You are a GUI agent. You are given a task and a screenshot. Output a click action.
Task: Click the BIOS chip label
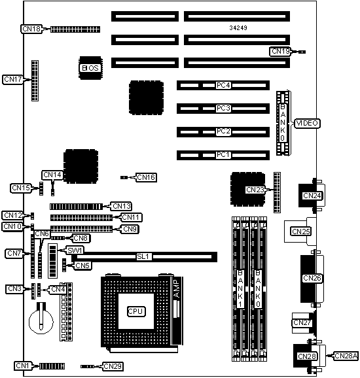(x=90, y=68)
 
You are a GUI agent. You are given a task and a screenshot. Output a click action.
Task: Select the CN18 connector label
(x=31, y=29)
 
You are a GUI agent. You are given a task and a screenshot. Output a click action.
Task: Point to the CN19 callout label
(x=280, y=52)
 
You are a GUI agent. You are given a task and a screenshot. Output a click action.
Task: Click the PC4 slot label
(x=223, y=85)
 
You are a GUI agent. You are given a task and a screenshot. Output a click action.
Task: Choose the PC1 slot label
(x=223, y=154)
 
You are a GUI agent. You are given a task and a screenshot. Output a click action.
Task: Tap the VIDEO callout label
(x=307, y=123)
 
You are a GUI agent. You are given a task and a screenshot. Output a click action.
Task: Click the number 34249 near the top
(x=238, y=28)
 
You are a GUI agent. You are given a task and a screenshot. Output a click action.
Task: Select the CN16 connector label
(x=146, y=177)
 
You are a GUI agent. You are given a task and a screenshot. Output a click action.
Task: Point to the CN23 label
(x=255, y=190)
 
